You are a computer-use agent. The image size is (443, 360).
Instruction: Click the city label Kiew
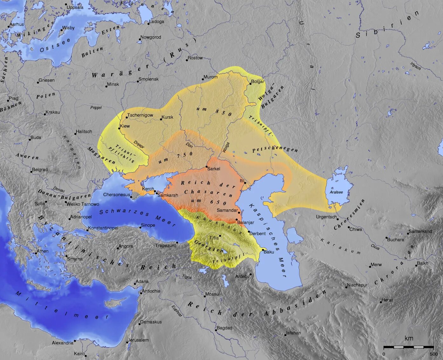(x=125, y=126)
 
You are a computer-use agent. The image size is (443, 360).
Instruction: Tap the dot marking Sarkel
(x=207, y=166)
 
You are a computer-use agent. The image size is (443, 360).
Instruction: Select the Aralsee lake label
(x=336, y=192)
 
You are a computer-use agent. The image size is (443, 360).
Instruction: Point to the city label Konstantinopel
(x=103, y=228)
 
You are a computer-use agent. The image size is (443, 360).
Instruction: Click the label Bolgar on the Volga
(x=257, y=82)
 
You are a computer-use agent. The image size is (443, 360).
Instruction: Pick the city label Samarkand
(x=420, y=231)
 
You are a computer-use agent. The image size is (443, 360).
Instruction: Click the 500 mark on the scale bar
(x=433, y=354)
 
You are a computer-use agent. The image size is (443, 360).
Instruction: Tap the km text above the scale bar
(x=409, y=338)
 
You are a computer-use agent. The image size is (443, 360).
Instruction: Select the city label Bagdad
(x=224, y=328)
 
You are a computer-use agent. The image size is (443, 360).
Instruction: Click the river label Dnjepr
(x=139, y=145)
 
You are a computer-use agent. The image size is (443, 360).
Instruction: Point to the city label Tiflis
(x=214, y=238)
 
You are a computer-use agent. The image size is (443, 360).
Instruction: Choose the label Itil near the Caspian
(x=242, y=180)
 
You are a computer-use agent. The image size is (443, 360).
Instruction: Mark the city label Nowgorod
(x=151, y=37)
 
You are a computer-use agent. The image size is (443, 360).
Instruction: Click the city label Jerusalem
(x=138, y=340)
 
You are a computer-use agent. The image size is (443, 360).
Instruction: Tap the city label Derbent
(x=257, y=234)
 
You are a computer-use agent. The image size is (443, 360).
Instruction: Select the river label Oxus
(x=375, y=247)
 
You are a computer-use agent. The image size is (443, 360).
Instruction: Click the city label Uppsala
(x=75, y=7)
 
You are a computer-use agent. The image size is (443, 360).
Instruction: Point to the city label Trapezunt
(x=166, y=245)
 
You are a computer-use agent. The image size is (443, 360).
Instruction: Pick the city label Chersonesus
(x=117, y=194)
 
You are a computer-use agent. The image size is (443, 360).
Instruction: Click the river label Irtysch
(x=415, y=66)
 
